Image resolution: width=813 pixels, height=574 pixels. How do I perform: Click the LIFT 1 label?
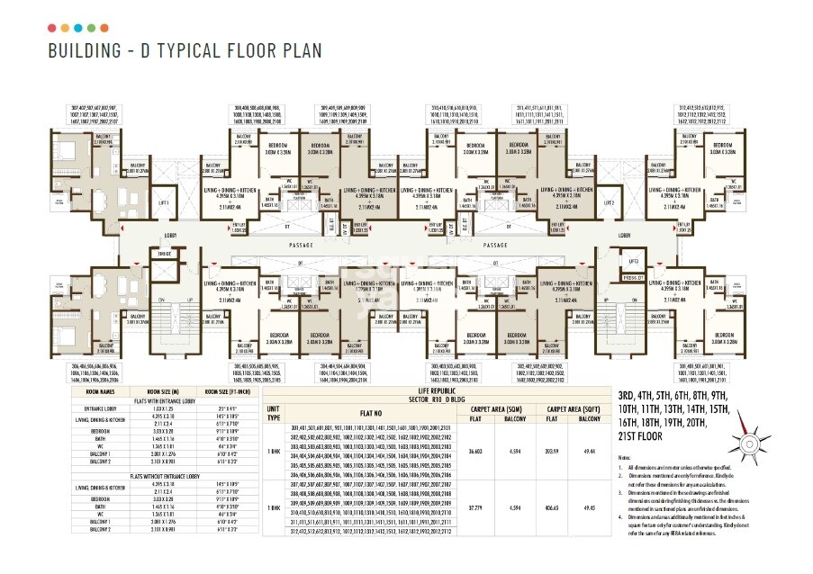click(164, 203)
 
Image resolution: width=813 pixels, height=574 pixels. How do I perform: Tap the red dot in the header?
click(53, 28)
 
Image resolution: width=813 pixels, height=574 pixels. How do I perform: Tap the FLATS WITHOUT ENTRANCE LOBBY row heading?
click(172, 473)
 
